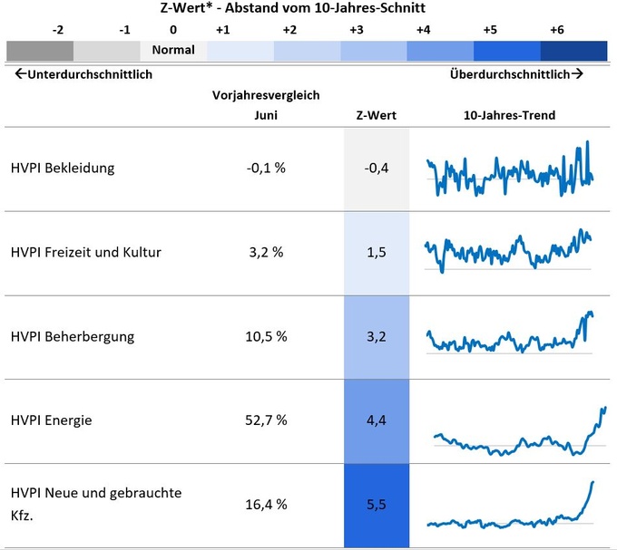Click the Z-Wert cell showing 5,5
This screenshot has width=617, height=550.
point(377,504)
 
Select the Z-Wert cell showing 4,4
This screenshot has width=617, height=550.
point(377,420)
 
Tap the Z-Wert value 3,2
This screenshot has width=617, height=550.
point(377,336)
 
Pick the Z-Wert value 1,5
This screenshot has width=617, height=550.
point(377,252)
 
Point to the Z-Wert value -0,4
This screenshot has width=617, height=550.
point(377,169)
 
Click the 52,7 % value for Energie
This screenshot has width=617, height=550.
point(266,420)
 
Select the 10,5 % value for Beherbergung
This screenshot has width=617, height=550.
point(266,336)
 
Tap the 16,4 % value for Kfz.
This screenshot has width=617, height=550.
point(266,504)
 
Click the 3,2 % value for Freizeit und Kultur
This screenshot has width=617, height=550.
point(266,252)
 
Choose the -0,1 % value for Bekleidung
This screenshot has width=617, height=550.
point(266,169)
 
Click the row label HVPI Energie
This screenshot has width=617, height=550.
point(52,420)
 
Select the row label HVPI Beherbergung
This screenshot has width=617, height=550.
point(73,336)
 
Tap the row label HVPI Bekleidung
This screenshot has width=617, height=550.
point(63,169)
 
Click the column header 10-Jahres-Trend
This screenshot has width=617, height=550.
point(509,115)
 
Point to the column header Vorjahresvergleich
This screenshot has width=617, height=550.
point(266,95)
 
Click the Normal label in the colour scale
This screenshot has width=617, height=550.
point(173,50)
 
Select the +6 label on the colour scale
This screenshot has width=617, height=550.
point(556,30)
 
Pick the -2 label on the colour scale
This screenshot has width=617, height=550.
point(58,30)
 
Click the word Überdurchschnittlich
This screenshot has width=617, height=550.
point(510,74)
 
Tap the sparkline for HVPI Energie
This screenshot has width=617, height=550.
point(517,435)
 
